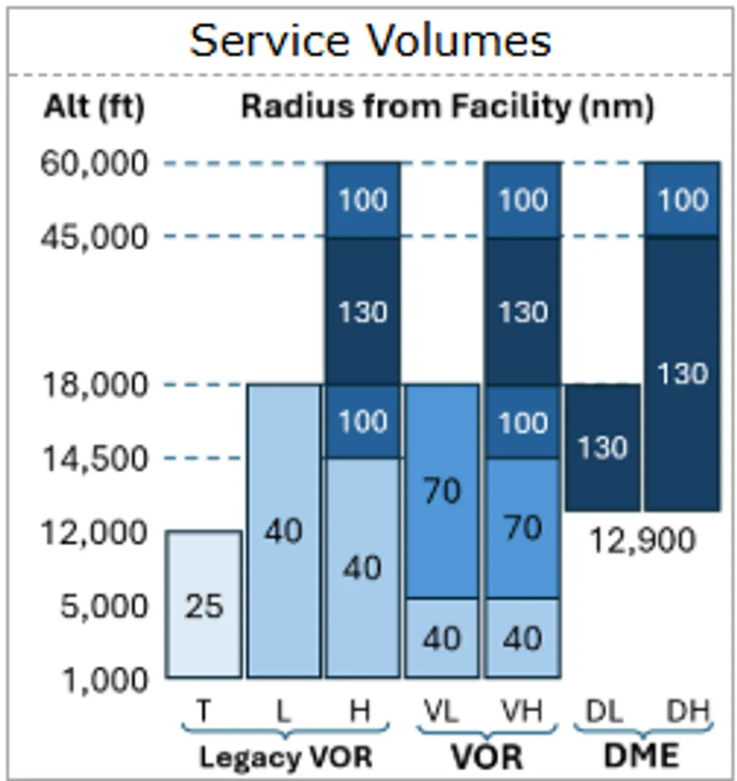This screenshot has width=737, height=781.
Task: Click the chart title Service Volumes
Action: pyautogui.click(x=370, y=40)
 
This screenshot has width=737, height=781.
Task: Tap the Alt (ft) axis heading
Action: pyautogui.click(x=94, y=107)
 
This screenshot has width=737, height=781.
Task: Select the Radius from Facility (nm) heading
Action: pyautogui.click(x=447, y=107)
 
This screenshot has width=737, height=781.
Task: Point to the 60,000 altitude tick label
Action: pyautogui.click(x=94, y=164)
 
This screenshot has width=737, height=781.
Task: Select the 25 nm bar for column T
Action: pyautogui.click(x=204, y=605)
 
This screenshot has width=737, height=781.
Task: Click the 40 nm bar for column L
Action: pyautogui.click(x=283, y=531)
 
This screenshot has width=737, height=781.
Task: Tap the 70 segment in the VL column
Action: pyautogui.click(x=441, y=491)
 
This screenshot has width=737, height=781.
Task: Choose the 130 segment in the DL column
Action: pyautogui.click(x=603, y=448)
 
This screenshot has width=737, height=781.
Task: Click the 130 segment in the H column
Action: pyautogui.click(x=363, y=311)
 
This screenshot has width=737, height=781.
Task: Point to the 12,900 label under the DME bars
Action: pyautogui.click(x=642, y=540)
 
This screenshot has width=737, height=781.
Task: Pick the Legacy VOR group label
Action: pyautogui.click(x=285, y=757)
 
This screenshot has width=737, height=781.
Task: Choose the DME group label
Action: pyautogui.click(x=641, y=756)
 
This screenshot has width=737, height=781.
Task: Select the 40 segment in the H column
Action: pyautogui.click(x=363, y=568)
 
